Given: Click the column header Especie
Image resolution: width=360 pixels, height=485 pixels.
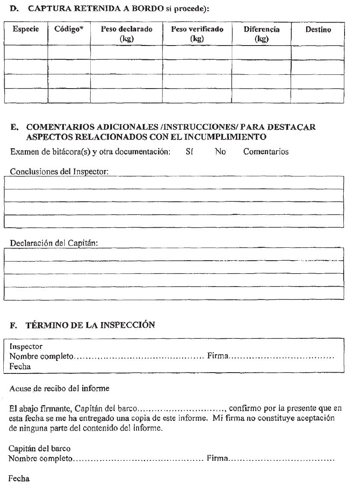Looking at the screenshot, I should (x=26, y=30).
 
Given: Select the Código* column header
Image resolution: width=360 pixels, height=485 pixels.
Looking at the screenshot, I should (x=68, y=30).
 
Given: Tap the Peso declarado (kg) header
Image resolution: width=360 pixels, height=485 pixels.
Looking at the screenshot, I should (x=126, y=34).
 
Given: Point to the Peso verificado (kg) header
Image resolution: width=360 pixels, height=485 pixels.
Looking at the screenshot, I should (x=197, y=34).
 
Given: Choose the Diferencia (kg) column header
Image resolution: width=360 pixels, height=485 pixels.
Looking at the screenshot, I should (x=261, y=34).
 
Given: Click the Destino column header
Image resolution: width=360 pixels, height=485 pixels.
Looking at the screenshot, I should (x=318, y=30).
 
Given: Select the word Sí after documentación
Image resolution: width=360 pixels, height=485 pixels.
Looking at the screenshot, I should (x=189, y=152).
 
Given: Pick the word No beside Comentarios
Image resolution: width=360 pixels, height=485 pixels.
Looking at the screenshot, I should (x=220, y=152).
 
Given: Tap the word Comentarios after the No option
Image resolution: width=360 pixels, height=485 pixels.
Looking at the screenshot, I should (x=266, y=152).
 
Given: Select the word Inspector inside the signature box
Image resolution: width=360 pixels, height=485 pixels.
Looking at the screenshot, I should (x=26, y=347).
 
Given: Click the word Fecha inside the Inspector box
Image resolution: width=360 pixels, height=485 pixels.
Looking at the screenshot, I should (x=20, y=366).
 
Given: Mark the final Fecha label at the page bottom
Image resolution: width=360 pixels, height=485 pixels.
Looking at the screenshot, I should (x=19, y=479).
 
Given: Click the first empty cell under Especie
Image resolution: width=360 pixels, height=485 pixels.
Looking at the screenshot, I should (x=26, y=52).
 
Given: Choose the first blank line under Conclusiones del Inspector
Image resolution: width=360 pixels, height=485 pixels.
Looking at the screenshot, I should (x=173, y=183).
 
